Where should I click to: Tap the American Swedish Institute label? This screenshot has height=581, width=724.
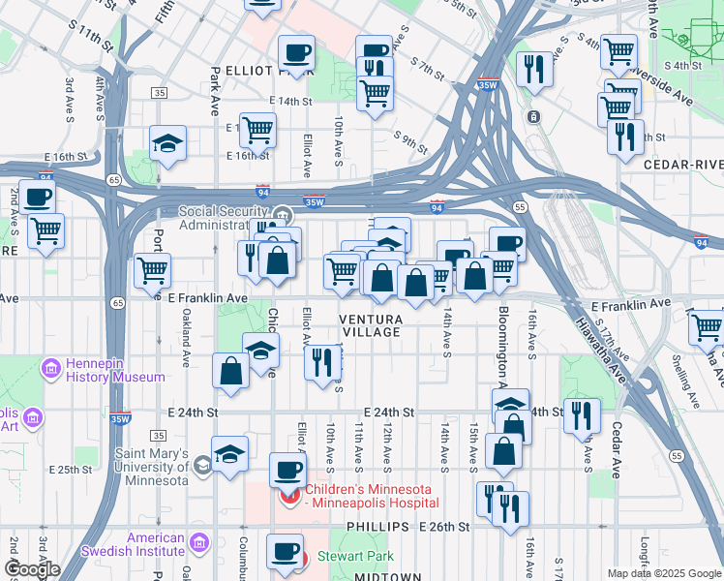[x=142, y=545]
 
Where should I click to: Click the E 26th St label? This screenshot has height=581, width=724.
[x=443, y=527]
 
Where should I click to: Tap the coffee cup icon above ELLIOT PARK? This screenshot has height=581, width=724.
[x=296, y=52]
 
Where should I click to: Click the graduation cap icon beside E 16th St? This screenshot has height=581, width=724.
[x=168, y=144]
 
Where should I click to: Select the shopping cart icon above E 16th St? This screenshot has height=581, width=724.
[x=257, y=129]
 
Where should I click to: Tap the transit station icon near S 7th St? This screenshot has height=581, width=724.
[x=533, y=117]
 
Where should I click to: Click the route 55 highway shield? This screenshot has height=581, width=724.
[x=520, y=207]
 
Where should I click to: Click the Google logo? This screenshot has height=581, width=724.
[x=31, y=568]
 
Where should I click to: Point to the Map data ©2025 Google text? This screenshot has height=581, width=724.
[x=662, y=572]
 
